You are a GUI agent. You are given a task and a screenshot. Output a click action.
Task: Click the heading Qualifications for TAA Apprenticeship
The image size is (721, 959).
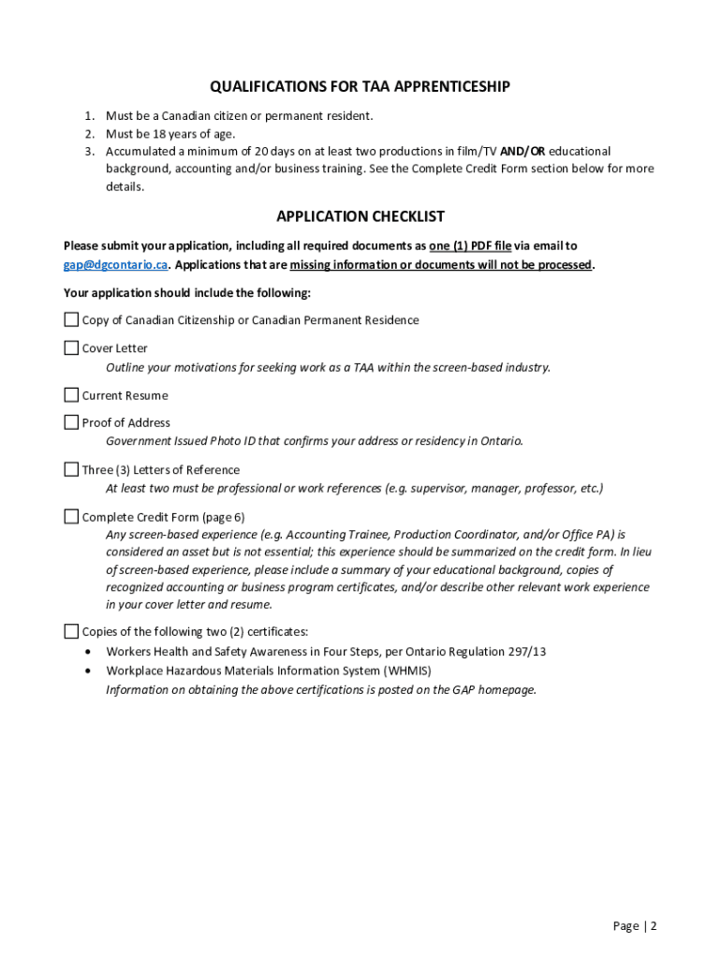(x=360, y=87)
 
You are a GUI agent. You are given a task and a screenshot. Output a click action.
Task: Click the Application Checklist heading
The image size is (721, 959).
(x=360, y=216)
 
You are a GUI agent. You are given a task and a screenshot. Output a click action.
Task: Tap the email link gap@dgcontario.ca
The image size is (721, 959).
(x=115, y=265)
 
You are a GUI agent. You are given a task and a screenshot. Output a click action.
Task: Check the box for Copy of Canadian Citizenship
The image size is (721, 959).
(x=71, y=319)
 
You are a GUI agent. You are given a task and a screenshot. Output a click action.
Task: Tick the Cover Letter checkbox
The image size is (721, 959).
(x=71, y=347)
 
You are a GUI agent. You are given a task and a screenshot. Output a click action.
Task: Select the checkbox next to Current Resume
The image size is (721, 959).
(x=71, y=394)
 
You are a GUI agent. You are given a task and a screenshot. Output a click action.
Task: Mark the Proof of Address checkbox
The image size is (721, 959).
(x=71, y=422)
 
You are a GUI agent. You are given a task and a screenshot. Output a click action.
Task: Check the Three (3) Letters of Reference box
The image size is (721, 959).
(x=71, y=469)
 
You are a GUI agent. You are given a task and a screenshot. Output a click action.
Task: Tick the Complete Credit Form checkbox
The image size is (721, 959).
(x=71, y=516)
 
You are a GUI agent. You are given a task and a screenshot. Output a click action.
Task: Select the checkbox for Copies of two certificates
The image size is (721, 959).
(x=71, y=630)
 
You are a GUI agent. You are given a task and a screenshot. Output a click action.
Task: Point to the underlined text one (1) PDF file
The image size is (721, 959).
(x=470, y=246)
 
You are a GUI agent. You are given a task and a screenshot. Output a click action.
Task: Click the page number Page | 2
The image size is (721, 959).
(x=635, y=926)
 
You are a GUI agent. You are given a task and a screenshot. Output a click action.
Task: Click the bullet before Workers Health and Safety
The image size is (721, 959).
(x=88, y=652)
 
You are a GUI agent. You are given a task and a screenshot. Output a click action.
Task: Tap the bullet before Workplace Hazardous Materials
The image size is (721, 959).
(x=88, y=671)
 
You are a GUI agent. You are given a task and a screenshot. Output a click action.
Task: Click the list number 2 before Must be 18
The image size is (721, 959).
(x=89, y=134)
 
